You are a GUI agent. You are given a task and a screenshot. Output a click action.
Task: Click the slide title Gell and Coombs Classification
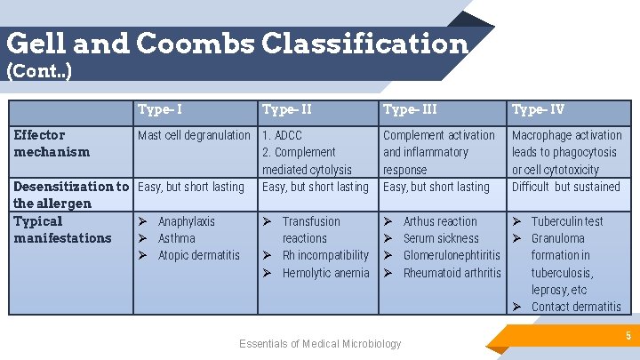click(236, 43)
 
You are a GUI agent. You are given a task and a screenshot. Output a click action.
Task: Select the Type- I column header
click(160, 110)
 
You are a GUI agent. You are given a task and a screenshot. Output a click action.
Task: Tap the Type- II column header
click(286, 110)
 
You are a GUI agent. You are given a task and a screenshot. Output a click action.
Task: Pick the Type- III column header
click(410, 110)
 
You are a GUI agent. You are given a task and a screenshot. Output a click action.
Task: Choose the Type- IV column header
click(538, 110)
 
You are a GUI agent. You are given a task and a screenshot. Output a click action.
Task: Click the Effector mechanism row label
click(52, 143)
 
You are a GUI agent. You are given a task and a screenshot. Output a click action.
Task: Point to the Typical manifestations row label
click(62, 229)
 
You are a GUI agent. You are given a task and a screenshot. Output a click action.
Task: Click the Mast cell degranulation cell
click(194, 135)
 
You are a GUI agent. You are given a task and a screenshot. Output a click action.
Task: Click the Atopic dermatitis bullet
click(198, 255)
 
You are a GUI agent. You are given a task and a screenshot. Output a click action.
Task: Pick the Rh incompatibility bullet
click(324, 255)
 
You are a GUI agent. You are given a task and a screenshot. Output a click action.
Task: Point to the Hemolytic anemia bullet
click(325, 273)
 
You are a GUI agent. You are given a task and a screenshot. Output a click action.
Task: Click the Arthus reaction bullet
click(440, 221)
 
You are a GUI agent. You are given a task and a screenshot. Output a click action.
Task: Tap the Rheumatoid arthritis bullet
click(452, 273)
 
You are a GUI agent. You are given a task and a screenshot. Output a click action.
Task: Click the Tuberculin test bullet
click(566, 221)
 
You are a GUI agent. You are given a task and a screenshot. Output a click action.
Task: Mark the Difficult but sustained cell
click(565, 187)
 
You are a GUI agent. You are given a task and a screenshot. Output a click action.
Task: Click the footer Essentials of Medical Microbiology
click(320, 344)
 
